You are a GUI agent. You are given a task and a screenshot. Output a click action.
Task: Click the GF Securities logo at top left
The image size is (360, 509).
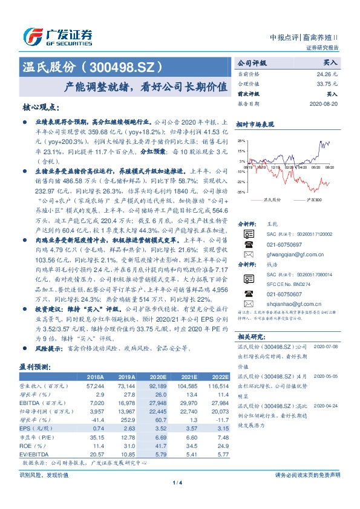click(57, 36)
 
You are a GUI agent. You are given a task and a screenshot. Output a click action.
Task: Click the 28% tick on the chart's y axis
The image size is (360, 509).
click(241, 140)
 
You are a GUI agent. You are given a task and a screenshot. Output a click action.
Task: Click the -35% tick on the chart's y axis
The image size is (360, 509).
click(241, 192)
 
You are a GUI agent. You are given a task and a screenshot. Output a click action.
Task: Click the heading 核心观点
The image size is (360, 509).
click(41, 107)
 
